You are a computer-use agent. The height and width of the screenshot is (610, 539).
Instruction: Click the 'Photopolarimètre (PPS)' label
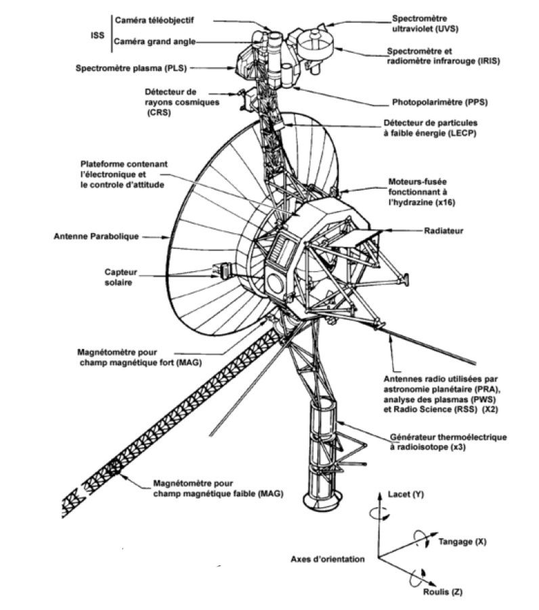439,102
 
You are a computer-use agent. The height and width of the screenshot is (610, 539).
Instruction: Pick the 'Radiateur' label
444,231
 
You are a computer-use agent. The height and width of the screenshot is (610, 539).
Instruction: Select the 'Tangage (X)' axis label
462,542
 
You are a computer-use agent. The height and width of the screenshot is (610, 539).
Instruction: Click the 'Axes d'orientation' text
328,559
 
